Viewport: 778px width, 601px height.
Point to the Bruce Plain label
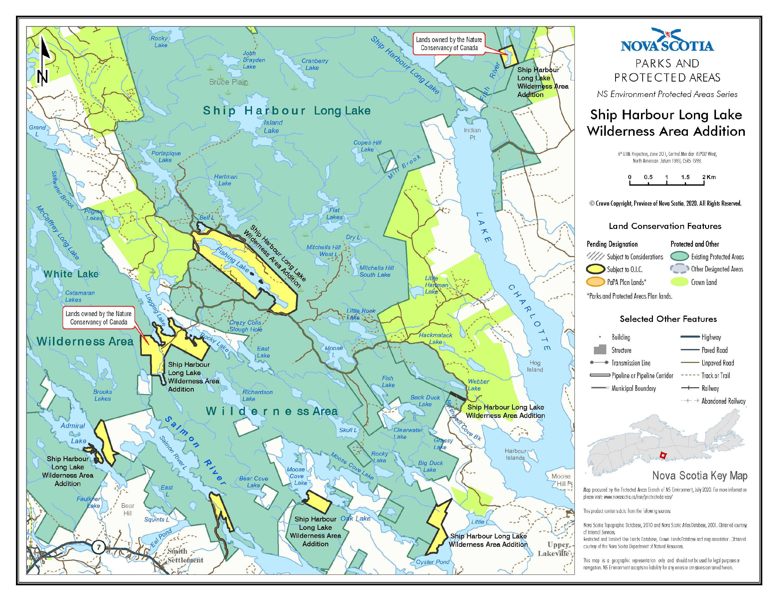coord(228,82)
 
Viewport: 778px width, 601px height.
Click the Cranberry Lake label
coord(315,65)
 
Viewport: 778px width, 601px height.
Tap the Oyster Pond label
coord(433,562)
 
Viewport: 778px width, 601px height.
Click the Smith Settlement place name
coord(185,556)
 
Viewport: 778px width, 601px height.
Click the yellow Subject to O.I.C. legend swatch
coord(596,269)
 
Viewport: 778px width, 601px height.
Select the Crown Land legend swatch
coord(679,282)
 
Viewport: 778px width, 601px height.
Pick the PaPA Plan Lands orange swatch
coord(596,282)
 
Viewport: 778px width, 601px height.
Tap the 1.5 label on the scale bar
coord(685,177)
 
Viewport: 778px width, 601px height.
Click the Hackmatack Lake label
coord(435,338)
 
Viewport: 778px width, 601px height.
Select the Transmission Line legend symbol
coord(599,363)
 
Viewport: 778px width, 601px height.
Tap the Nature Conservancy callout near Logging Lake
coord(99,318)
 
